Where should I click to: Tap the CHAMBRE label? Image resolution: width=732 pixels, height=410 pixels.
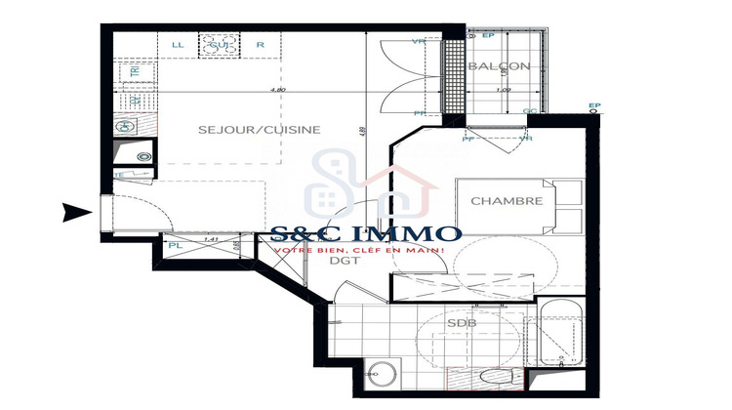tap(507, 201)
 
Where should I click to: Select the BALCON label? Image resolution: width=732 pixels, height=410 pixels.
tap(499, 66)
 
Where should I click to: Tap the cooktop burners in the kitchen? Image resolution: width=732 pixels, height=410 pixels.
tap(220, 44)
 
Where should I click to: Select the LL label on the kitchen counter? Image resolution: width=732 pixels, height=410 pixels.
tap(178, 45)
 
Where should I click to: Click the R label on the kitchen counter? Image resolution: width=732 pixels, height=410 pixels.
tap(261, 45)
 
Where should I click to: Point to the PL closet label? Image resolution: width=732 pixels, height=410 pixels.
tap(175, 246)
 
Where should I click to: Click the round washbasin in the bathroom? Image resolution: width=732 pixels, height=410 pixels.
tap(382, 375)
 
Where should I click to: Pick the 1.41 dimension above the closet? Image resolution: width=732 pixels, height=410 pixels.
tap(207, 238)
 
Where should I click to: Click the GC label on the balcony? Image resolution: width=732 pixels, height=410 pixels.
tap(530, 111)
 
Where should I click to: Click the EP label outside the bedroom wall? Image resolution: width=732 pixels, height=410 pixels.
tap(594, 105)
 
